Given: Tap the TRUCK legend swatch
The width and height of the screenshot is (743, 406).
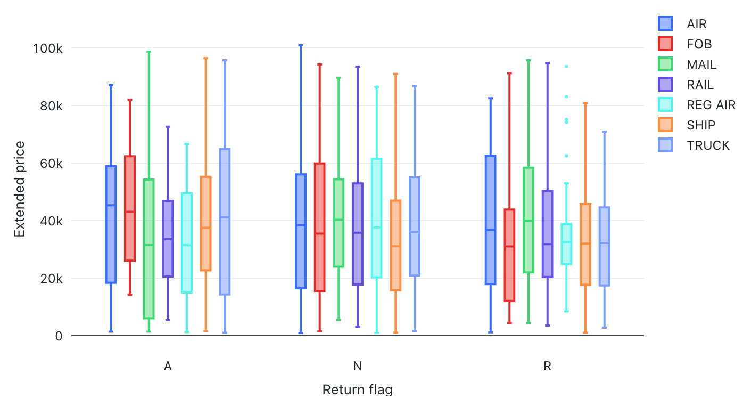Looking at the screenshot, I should (x=665, y=145).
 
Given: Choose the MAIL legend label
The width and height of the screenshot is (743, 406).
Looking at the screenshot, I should (x=701, y=64).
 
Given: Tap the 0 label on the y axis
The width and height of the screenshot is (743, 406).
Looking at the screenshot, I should (x=59, y=336).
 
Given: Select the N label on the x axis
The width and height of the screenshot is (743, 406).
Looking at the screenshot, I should (x=358, y=366).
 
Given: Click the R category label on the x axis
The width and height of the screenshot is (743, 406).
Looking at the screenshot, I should (x=547, y=366).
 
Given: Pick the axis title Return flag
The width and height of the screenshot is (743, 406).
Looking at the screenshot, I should (x=358, y=390).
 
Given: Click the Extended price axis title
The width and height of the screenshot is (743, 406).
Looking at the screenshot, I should (x=19, y=189).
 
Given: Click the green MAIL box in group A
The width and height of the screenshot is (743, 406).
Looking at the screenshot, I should (x=148, y=249).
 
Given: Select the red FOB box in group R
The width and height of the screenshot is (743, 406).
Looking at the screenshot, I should (x=509, y=255).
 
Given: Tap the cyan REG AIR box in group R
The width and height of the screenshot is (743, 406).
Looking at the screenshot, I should (x=566, y=244).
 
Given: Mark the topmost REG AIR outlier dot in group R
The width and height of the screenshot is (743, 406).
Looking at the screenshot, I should (x=566, y=67).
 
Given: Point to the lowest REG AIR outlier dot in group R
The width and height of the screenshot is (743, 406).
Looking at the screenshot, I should (x=566, y=156).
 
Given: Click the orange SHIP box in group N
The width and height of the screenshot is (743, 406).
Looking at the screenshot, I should (x=395, y=245).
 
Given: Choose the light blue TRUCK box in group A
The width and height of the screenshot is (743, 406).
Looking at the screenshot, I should (x=225, y=222).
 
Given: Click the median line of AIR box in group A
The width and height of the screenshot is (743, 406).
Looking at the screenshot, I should (x=111, y=205).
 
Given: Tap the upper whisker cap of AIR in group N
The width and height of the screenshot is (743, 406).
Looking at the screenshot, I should (x=301, y=45).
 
